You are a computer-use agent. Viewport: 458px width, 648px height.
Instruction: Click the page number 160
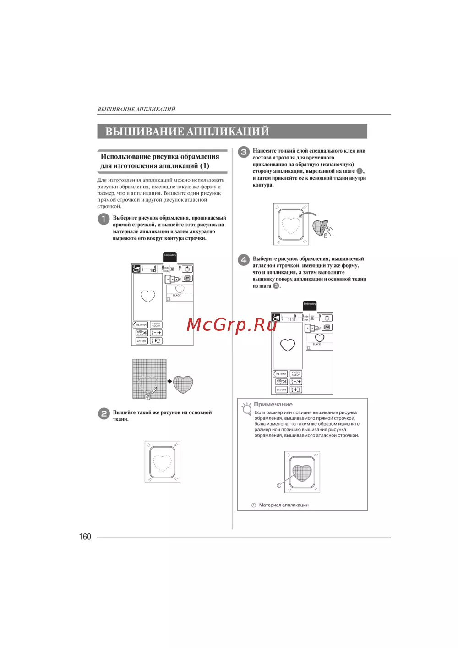click(x=85, y=537)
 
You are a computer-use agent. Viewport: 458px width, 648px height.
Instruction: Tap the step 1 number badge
click(x=104, y=219)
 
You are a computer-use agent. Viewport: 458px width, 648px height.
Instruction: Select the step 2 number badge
click(x=104, y=413)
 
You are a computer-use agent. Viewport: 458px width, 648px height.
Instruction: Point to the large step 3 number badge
click(x=244, y=152)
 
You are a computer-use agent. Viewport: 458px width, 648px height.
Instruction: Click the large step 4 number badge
click(x=244, y=260)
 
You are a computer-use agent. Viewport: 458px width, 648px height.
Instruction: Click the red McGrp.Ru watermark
click(x=232, y=324)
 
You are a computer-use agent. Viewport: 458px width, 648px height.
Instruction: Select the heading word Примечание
click(x=273, y=404)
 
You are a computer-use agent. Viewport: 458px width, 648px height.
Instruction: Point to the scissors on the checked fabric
click(x=149, y=392)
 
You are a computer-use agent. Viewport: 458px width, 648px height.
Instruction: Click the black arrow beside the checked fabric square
click(x=169, y=381)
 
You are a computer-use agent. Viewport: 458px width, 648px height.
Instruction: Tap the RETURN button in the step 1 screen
click(x=140, y=325)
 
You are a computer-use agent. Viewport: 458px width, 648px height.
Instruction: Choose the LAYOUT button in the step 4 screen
click(x=281, y=390)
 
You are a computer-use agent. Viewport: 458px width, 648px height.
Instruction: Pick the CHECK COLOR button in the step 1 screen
click(x=156, y=325)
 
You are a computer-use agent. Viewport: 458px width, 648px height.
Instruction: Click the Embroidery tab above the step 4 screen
click(x=310, y=304)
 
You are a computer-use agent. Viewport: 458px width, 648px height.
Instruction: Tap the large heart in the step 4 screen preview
click(x=288, y=345)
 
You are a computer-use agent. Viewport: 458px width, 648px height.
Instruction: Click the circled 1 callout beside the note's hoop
click(x=279, y=485)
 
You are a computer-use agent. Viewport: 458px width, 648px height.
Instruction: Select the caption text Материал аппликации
click(x=284, y=505)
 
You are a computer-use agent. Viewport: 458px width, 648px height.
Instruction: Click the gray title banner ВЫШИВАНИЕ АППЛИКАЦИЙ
click(x=232, y=132)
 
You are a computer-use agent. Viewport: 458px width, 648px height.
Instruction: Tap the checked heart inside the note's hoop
click(x=302, y=472)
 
